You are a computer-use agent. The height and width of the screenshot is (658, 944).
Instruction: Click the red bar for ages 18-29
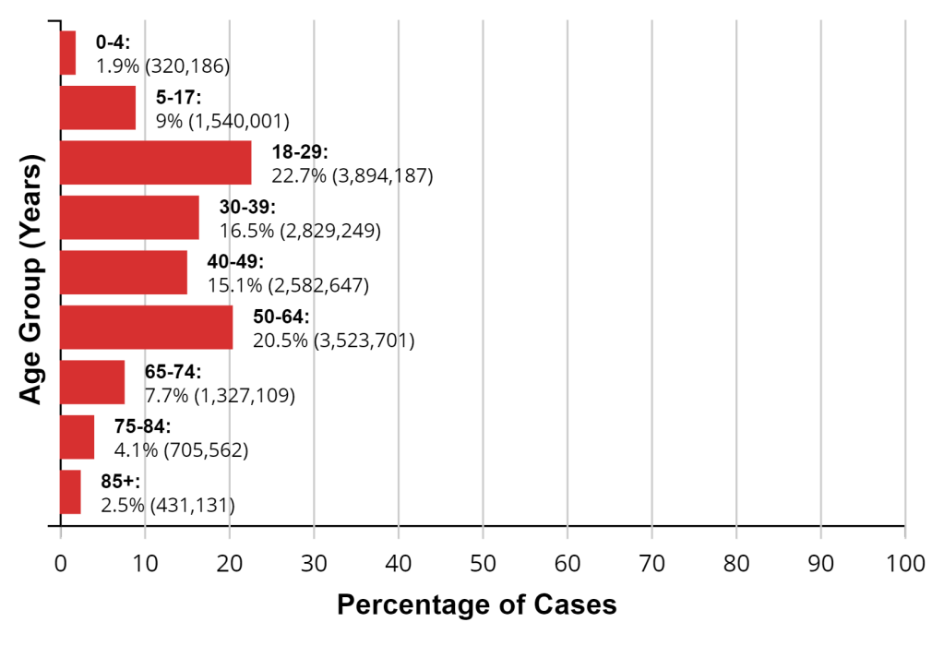(x=155, y=162)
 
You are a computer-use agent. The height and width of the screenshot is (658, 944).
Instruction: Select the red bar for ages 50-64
(x=146, y=328)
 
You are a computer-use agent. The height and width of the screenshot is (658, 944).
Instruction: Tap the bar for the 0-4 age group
(x=67, y=53)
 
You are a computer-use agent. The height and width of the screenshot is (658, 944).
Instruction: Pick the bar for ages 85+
(x=70, y=492)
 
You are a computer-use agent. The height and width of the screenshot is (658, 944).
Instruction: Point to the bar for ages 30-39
(x=129, y=218)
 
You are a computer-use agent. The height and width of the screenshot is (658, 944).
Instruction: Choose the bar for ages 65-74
(x=92, y=382)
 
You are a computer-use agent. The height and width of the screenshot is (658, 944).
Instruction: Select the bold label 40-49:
(x=235, y=262)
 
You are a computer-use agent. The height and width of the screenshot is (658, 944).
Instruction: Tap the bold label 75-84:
(x=143, y=427)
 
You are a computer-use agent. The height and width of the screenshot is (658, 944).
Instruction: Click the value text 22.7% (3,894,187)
(x=352, y=175)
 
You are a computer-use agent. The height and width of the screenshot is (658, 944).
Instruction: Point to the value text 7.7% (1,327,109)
(x=220, y=396)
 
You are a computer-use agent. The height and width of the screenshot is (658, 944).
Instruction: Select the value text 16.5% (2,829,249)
(x=300, y=231)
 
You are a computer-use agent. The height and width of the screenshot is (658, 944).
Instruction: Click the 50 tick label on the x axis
(x=483, y=562)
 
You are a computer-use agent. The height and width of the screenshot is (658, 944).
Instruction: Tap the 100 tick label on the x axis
(x=904, y=562)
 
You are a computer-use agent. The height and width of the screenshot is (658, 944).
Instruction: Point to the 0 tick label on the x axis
(x=61, y=562)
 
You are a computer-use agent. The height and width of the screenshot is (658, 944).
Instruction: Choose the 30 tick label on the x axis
(x=314, y=562)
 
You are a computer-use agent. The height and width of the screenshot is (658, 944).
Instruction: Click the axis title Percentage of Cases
(x=476, y=605)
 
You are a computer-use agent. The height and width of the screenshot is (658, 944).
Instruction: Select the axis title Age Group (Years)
(x=31, y=282)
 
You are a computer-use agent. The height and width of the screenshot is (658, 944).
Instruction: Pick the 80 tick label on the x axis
(x=736, y=562)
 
